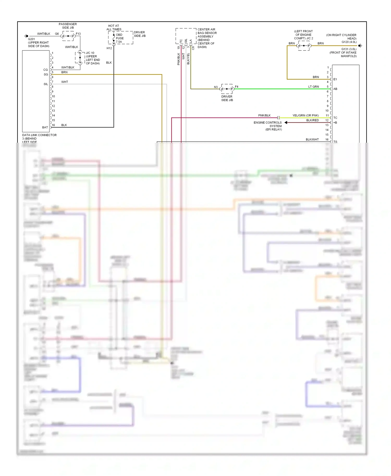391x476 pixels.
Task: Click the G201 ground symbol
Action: pos(26,36)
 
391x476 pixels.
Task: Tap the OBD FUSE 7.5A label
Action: pos(120,38)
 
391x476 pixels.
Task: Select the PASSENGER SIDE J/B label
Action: pos(68,26)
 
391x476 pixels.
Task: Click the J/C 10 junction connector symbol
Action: pos(80,58)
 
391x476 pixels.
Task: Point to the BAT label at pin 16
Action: pos(45,127)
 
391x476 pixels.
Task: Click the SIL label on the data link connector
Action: pos(46,84)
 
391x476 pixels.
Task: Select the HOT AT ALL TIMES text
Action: pos(114,28)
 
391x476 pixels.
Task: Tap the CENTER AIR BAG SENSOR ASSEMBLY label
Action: pos(207,38)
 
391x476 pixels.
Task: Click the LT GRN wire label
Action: pos(313,87)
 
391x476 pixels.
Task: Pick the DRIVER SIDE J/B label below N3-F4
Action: pos(227,98)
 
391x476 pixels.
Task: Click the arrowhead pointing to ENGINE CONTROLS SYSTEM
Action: pos(286,122)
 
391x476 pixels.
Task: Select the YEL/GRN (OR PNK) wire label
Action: pos(305,115)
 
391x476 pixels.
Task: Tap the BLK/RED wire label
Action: pos(312,120)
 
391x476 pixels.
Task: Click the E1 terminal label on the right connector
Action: pos(335,79)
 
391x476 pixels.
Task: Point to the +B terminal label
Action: pos(335,123)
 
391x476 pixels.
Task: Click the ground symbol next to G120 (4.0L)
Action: pos(360,46)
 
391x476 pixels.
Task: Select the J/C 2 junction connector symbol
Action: pos(304,46)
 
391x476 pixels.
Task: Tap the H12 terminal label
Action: pos(109,48)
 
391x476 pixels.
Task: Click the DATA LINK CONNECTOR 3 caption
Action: pos(39,137)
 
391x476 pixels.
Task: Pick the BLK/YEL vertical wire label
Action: pos(188,59)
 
